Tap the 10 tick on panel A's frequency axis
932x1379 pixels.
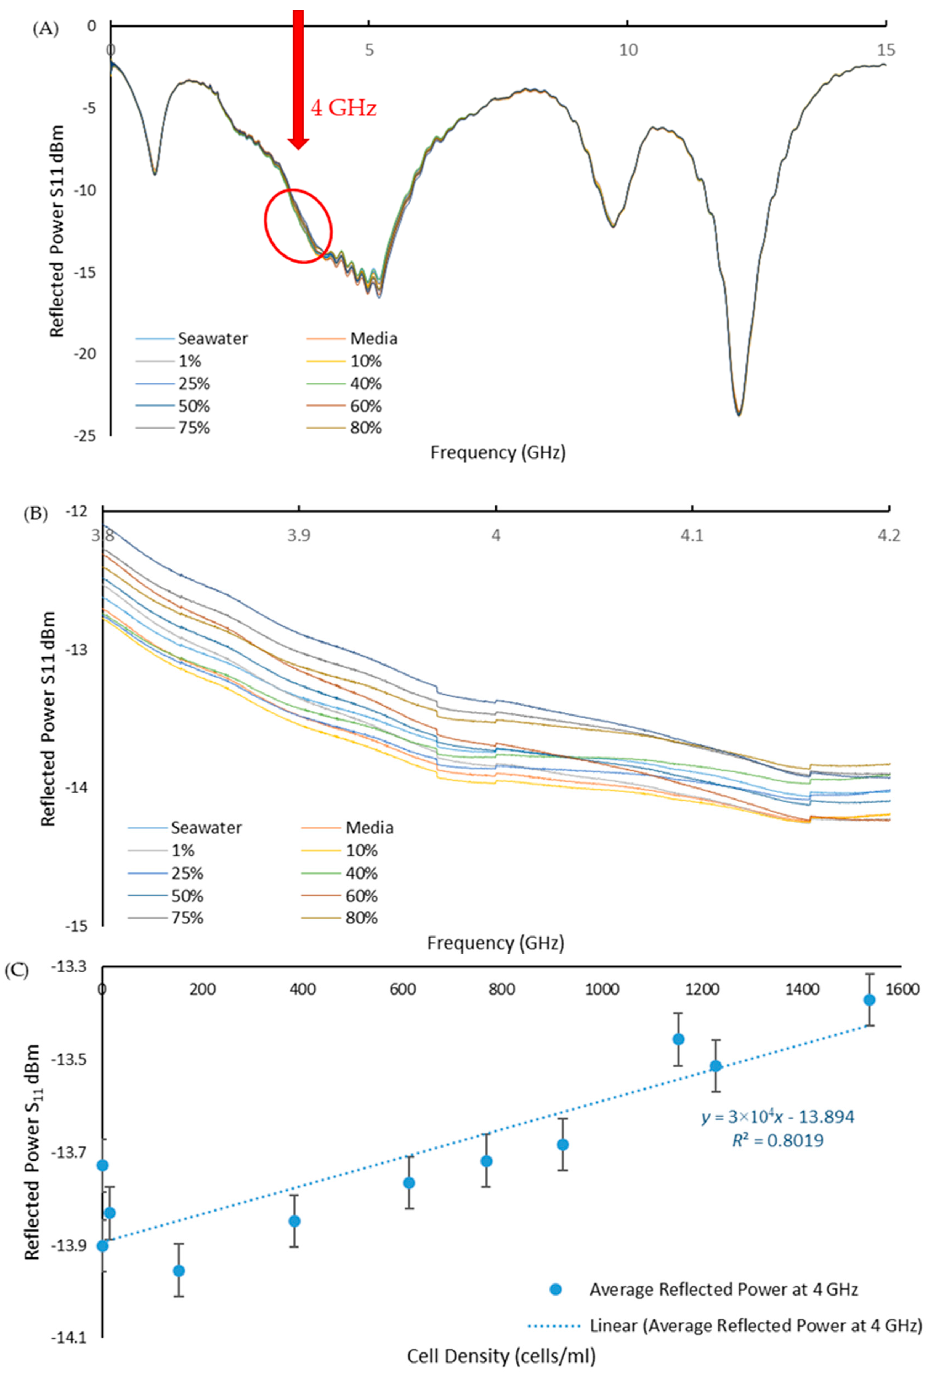[628, 50]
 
